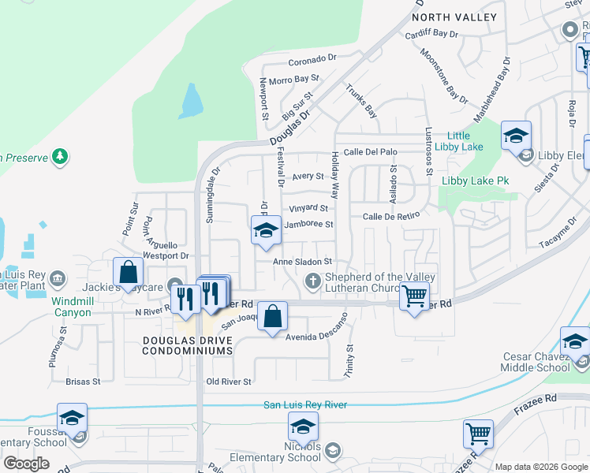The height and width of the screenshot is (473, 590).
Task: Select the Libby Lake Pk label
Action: click(x=475, y=181)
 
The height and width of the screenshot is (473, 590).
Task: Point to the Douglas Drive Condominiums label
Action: click(x=187, y=345)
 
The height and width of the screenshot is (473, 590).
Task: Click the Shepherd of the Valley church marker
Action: click(x=312, y=281)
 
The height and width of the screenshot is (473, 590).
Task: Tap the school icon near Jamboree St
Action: click(x=266, y=232)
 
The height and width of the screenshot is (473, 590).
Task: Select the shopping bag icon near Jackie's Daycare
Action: click(x=128, y=273)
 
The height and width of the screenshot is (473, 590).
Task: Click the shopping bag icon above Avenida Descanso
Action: click(x=272, y=318)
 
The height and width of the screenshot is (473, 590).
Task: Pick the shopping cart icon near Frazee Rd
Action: click(x=478, y=434)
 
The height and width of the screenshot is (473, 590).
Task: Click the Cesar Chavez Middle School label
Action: click(x=536, y=362)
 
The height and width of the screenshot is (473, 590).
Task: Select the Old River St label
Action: click(x=228, y=382)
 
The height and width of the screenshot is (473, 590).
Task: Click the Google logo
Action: click(x=26, y=463)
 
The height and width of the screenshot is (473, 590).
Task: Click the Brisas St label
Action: click(x=84, y=382)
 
